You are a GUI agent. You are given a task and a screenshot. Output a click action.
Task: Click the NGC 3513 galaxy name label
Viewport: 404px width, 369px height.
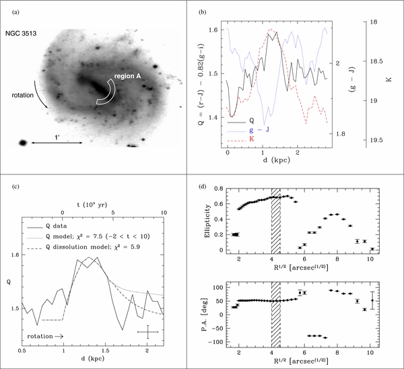tap(21, 34)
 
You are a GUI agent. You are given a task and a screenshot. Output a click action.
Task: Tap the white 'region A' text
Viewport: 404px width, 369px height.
tap(127, 76)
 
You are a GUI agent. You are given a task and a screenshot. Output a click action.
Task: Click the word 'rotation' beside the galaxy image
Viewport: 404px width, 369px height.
tap(23, 96)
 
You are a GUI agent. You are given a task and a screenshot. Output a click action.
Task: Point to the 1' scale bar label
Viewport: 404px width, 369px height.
tap(57, 137)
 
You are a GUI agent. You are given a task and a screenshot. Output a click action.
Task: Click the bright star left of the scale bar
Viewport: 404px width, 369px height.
tap(23, 143)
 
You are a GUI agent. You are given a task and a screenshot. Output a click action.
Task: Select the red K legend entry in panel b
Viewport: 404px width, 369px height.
tap(251, 139)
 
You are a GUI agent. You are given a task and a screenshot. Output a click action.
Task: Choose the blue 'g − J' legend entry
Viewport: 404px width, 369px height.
tap(259, 129)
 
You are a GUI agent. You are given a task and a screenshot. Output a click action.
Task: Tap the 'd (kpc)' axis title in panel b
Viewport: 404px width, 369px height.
tap(277, 160)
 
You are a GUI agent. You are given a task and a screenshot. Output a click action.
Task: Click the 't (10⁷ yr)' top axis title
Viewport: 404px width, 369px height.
tap(92, 205)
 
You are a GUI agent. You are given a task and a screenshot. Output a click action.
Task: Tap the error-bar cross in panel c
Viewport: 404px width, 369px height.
tap(147, 332)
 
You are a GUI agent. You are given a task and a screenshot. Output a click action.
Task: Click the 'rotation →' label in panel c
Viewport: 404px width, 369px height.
tap(45, 336)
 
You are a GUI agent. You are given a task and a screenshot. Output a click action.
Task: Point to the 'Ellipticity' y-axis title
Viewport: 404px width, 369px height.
tap(207, 221)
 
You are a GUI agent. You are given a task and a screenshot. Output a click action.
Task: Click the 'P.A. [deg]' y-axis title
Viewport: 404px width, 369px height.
tap(207, 315)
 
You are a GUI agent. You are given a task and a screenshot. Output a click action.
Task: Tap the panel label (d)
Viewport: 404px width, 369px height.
tap(202, 186)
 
